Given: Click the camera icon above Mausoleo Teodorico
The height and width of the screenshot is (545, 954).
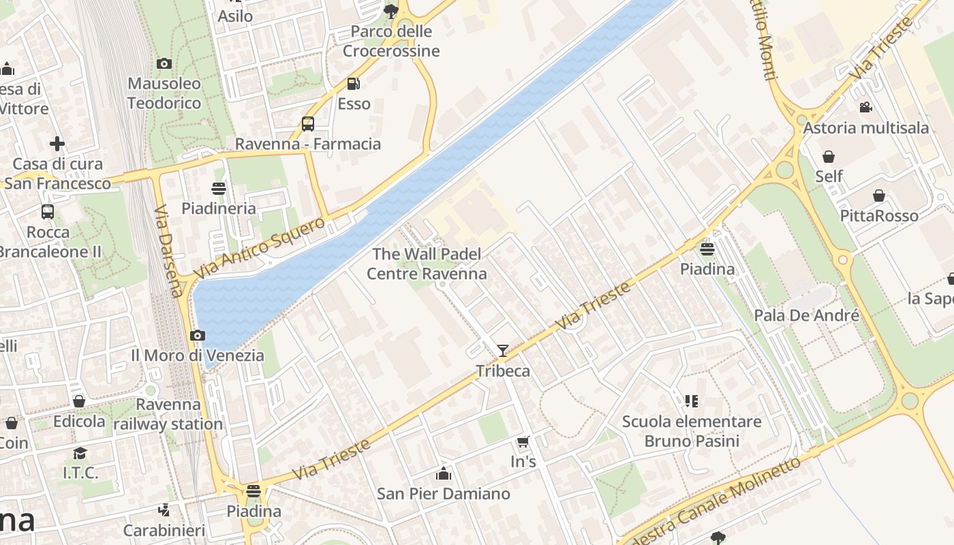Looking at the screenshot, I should pyautogui.click(x=164, y=64).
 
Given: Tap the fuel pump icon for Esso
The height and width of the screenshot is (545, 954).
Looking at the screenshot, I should pyautogui.click(x=353, y=84).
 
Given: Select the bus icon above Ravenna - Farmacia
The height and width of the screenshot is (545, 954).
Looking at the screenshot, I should pyautogui.click(x=308, y=124).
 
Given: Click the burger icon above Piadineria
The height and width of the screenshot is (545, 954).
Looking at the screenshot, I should pyautogui.click(x=219, y=189).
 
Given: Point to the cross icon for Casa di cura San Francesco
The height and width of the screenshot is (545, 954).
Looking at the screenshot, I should pyautogui.click(x=57, y=144).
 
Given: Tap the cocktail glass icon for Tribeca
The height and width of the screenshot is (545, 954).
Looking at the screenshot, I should pyautogui.click(x=503, y=351).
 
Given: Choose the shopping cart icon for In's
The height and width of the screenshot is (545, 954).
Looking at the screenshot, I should pyautogui.click(x=523, y=442).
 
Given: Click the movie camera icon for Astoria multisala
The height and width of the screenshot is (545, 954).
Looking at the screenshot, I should pyautogui.click(x=865, y=108).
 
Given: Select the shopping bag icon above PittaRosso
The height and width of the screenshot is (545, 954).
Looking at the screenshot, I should pyautogui.click(x=879, y=196).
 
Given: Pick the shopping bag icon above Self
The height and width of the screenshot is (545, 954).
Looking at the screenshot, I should pyautogui.click(x=829, y=157).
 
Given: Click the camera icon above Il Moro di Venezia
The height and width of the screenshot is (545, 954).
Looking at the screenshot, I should pyautogui.click(x=198, y=335).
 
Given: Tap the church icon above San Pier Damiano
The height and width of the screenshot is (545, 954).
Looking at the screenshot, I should pyautogui.click(x=444, y=473).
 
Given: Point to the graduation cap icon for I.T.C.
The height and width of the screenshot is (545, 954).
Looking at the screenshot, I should pyautogui.click(x=80, y=453).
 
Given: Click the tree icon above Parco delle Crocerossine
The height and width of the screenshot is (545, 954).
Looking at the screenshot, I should pyautogui.click(x=390, y=11).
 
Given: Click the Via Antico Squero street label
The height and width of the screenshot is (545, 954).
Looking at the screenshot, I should pyautogui.click(x=260, y=248).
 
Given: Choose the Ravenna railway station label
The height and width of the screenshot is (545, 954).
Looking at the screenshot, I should pyautogui.click(x=168, y=414).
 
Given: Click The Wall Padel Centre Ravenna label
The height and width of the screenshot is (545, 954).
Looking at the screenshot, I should pyautogui.click(x=427, y=264).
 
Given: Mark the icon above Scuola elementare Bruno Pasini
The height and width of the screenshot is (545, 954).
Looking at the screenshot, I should pyautogui.click(x=692, y=401).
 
